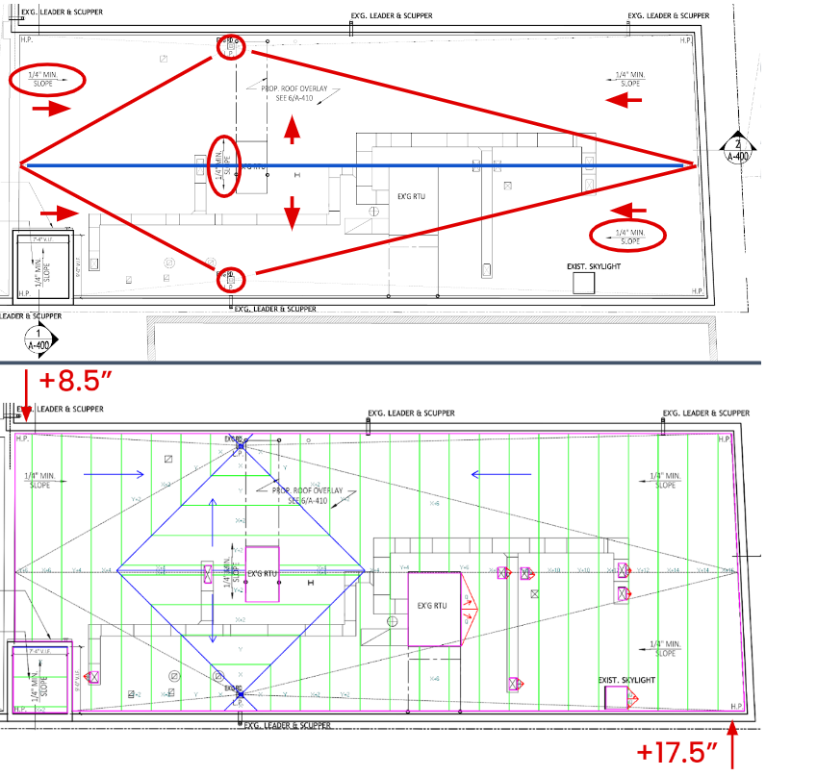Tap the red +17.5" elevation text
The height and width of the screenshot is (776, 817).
click(x=679, y=750)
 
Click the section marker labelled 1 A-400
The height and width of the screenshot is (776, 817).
click(x=38, y=339)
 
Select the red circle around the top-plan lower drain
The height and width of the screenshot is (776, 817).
click(x=230, y=280)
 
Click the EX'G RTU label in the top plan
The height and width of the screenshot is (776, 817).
click(x=411, y=196)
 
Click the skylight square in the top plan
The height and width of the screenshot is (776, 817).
click(x=583, y=283)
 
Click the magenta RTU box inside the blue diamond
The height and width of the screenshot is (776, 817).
click(x=262, y=574)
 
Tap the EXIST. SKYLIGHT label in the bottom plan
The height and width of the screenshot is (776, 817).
click(x=626, y=680)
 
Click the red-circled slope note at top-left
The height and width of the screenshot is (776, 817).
click(x=46, y=80)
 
